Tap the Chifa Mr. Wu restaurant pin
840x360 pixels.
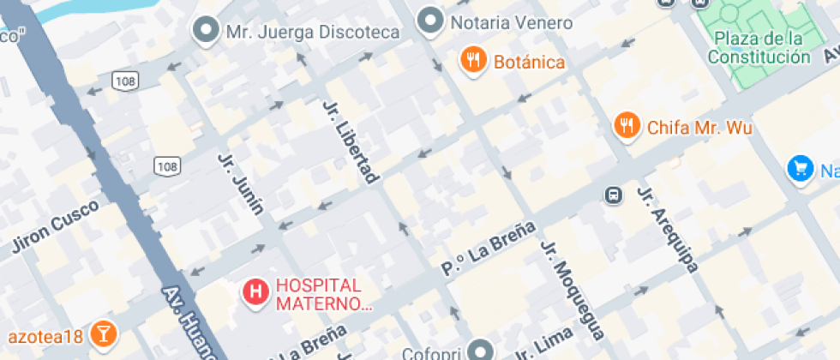[x=628, y=127]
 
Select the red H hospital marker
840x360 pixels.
[x=255, y=292]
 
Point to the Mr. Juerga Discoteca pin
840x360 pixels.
[x=207, y=31]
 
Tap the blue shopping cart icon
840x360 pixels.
[x=801, y=168]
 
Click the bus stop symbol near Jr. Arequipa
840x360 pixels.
[x=614, y=195]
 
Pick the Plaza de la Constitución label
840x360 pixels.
[x=759, y=48]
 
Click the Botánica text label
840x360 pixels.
[x=529, y=62]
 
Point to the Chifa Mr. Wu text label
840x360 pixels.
[x=699, y=128]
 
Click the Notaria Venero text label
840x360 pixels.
[x=511, y=22]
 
